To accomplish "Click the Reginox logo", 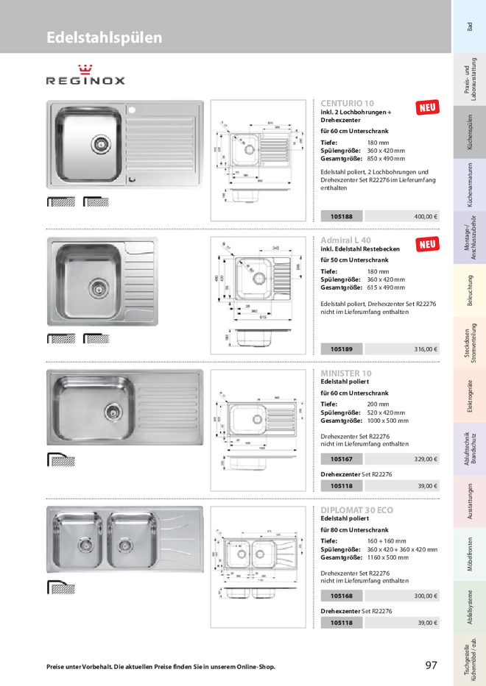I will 86,76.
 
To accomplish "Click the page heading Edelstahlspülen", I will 104,37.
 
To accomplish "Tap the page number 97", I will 432,665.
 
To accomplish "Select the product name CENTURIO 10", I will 348,104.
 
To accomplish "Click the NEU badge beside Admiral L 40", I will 428,244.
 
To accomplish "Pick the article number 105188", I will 342,217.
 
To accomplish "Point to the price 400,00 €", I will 425,217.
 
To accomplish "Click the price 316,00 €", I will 425,349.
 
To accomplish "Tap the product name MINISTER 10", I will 346,374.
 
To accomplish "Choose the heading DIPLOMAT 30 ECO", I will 357,510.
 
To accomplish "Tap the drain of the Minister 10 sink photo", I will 112,409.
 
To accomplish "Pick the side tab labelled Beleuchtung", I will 469,291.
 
